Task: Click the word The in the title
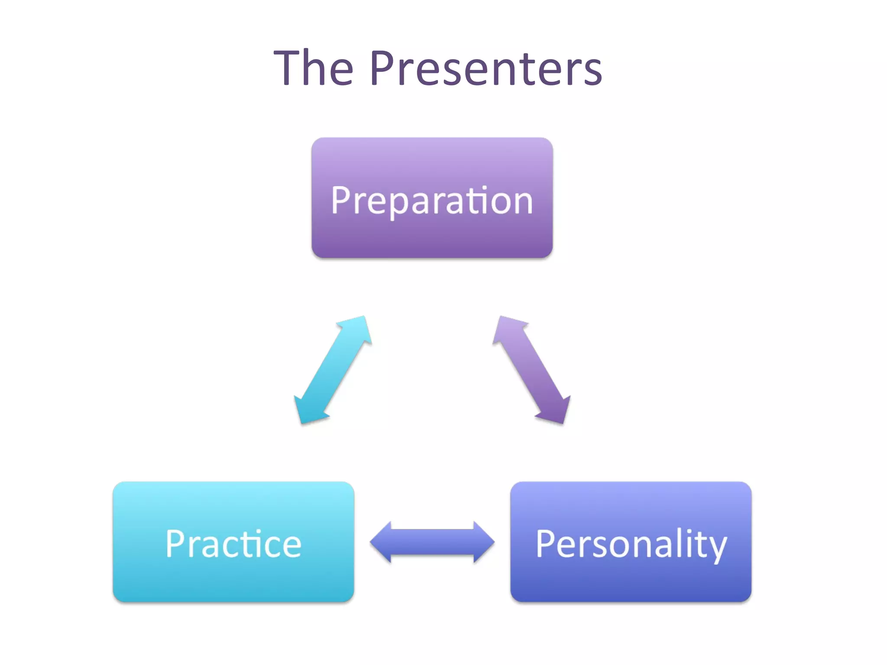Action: pyautogui.click(x=314, y=68)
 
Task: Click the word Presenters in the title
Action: pyautogui.click(x=486, y=68)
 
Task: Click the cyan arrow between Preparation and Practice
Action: pyautogui.click(x=333, y=370)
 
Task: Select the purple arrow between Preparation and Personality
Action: pyautogui.click(x=531, y=370)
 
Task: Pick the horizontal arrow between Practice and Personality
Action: pyautogui.click(x=432, y=542)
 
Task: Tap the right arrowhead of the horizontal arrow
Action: pyautogui.click(x=482, y=542)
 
